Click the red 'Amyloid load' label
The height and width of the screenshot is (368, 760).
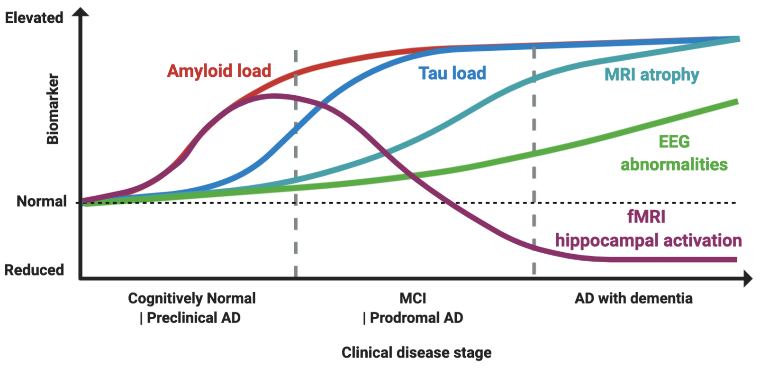219,71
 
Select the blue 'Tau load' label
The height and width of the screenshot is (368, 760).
452,74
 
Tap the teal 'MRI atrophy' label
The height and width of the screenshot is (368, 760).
652,75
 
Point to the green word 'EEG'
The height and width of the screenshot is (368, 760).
674,142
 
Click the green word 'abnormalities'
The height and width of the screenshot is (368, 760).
674,164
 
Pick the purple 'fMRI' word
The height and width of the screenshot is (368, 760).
646,217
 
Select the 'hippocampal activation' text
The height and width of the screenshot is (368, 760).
648,241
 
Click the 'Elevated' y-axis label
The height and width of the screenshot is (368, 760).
34,18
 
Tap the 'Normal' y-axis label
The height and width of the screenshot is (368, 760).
41,202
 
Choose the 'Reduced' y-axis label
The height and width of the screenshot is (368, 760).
34,270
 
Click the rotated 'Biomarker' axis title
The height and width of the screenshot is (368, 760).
53,109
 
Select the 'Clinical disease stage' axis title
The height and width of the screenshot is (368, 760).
416,353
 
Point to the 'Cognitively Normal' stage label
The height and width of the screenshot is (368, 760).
192,299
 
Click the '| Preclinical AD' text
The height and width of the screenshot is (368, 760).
190,318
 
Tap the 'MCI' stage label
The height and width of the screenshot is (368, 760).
413,298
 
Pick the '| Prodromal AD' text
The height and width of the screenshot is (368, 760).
413,318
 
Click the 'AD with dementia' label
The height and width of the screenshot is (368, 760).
633,298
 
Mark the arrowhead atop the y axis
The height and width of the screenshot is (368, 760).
81,12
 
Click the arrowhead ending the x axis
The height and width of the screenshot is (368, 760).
748,279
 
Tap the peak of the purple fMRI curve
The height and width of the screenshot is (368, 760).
273,96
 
